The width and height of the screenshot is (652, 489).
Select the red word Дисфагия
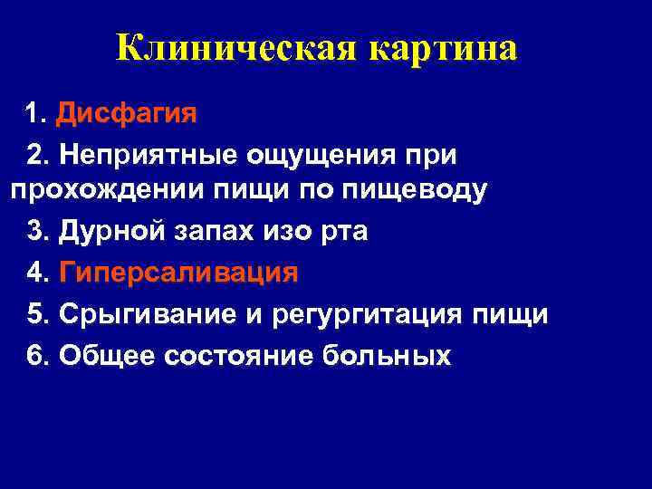126,115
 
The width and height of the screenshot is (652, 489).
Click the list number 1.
34,115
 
